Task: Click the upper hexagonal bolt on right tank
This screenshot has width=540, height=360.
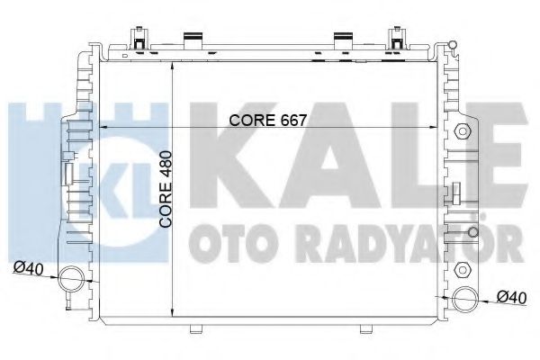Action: [x=464, y=130]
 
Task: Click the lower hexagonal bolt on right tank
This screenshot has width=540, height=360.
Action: [x=464, y=269]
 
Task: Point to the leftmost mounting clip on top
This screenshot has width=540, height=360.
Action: [x=139, y=39]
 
